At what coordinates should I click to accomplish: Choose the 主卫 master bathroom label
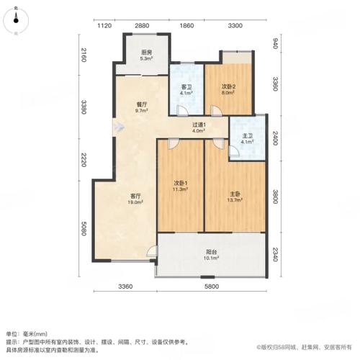click(247, 138)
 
